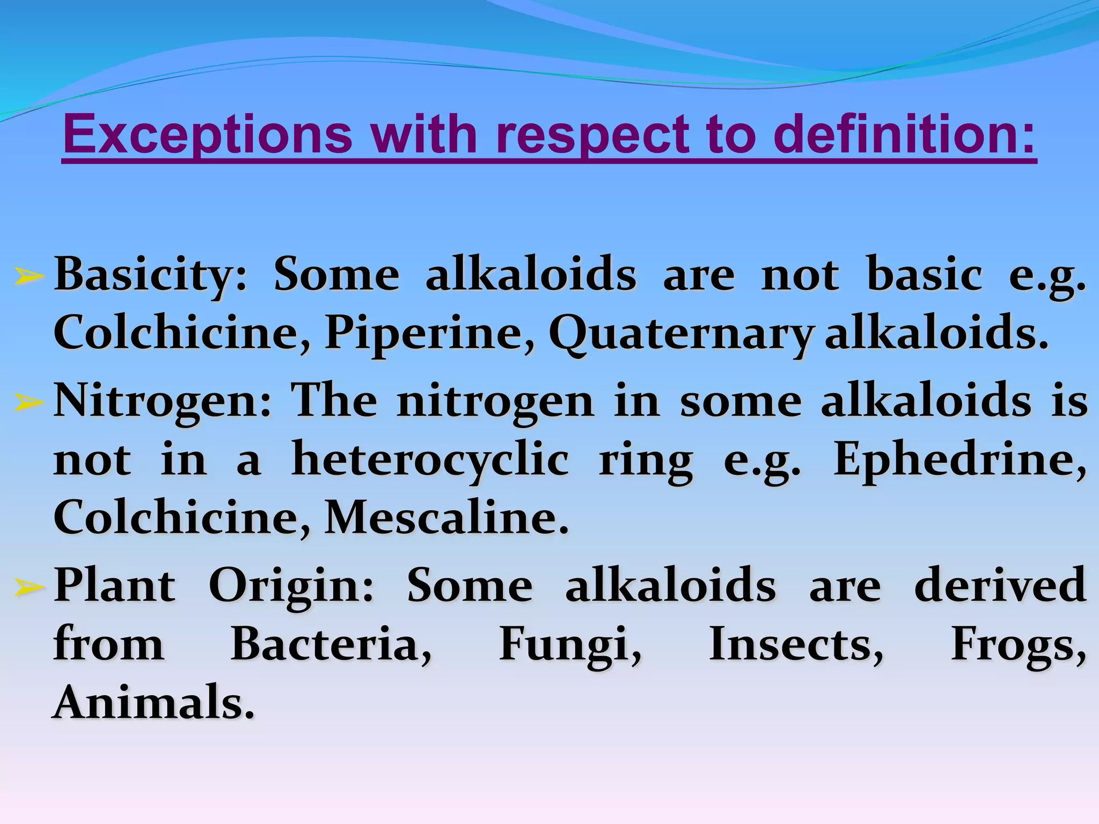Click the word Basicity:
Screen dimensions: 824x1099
coord(151,275)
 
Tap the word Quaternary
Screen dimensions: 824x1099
coord(680,333)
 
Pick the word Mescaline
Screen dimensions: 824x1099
coord(446,518)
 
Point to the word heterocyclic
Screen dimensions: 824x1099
coord(429,460)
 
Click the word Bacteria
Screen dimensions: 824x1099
coord(331,644)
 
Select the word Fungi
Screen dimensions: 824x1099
coord(570,644)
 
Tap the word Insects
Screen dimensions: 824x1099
coord(796,644)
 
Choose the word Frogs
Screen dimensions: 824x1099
coord(1018,644)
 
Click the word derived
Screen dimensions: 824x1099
coord(1000,586)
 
